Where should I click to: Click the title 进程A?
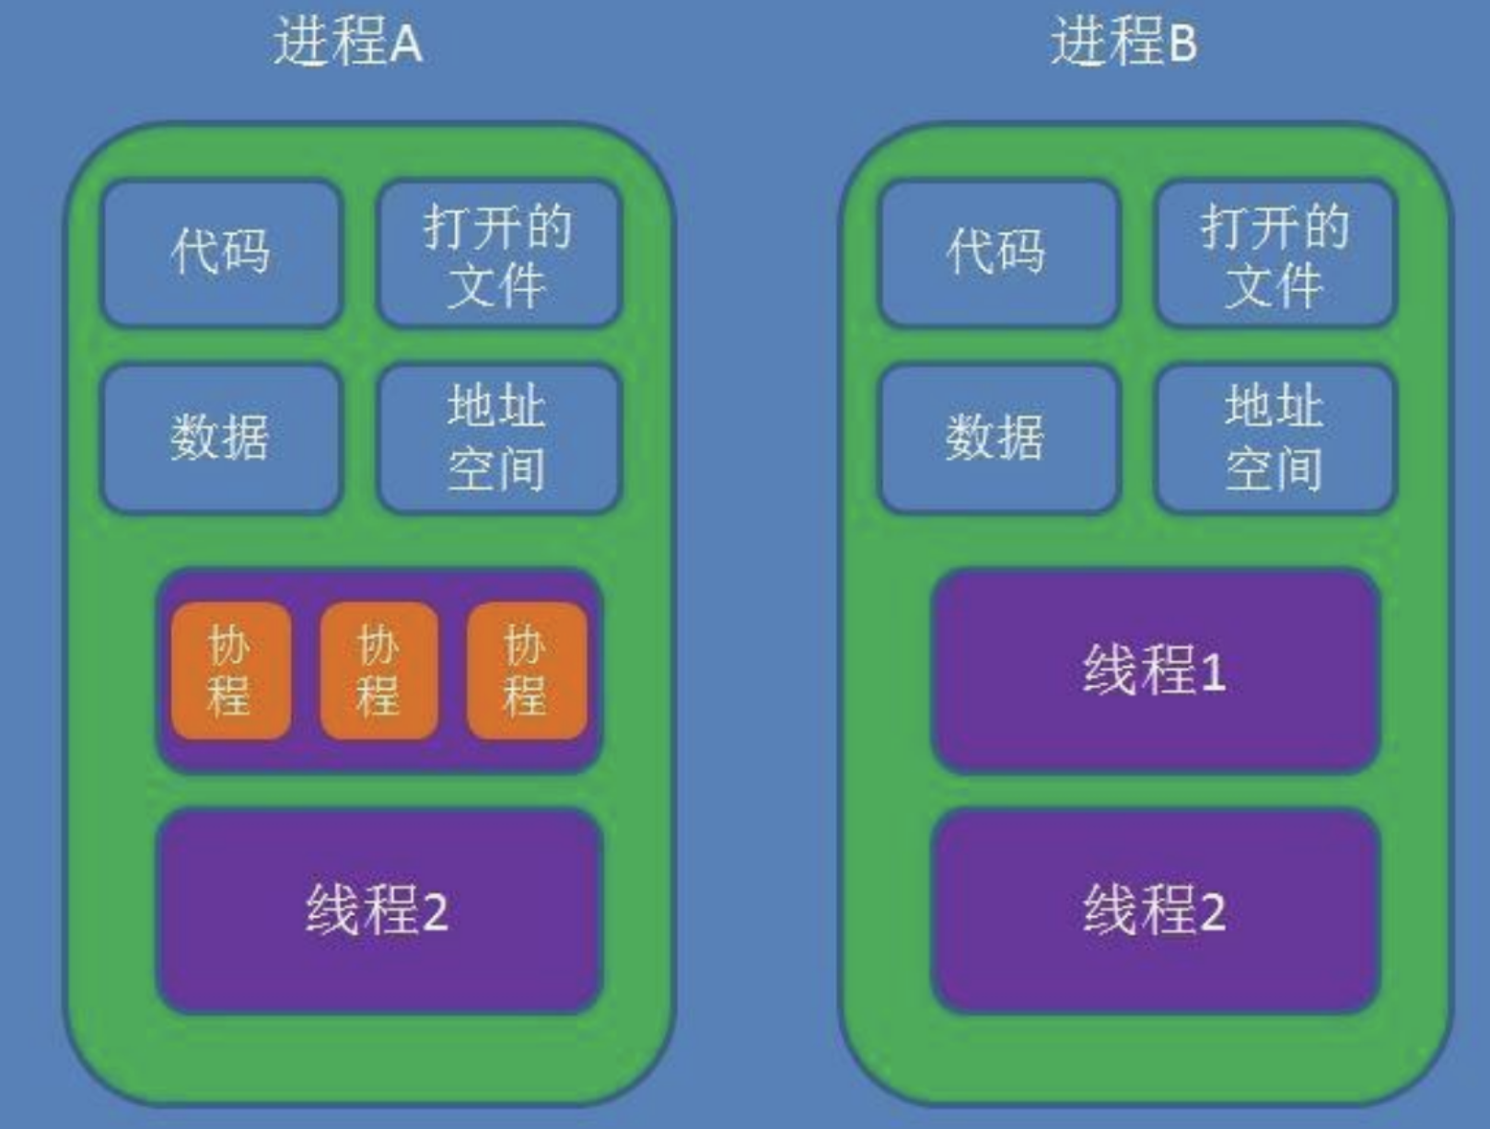tap(348, 42)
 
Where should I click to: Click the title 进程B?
tap(1123, 42)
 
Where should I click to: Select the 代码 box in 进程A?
tap(221, 252)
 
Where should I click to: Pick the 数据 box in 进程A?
tap(221, 437)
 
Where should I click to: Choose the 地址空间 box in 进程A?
tap(498, 438)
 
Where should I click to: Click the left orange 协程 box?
tap(230, 670)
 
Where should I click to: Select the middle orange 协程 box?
tap(378, 670)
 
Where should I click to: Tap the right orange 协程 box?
tap(527, 670)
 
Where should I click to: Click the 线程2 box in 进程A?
tap(378, 911)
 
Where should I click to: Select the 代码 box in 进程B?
tap(998, 252)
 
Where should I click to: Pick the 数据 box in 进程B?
tap(998, 437)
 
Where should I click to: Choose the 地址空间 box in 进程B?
tap(1275, 438)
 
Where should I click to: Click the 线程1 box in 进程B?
tap(1155, 670)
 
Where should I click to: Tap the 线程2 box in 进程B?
tap(1155, 911)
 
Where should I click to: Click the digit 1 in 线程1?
tap(1214, 673)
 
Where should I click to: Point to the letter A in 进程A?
tap(406, 45)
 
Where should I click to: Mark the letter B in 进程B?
tap(1182, 45)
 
